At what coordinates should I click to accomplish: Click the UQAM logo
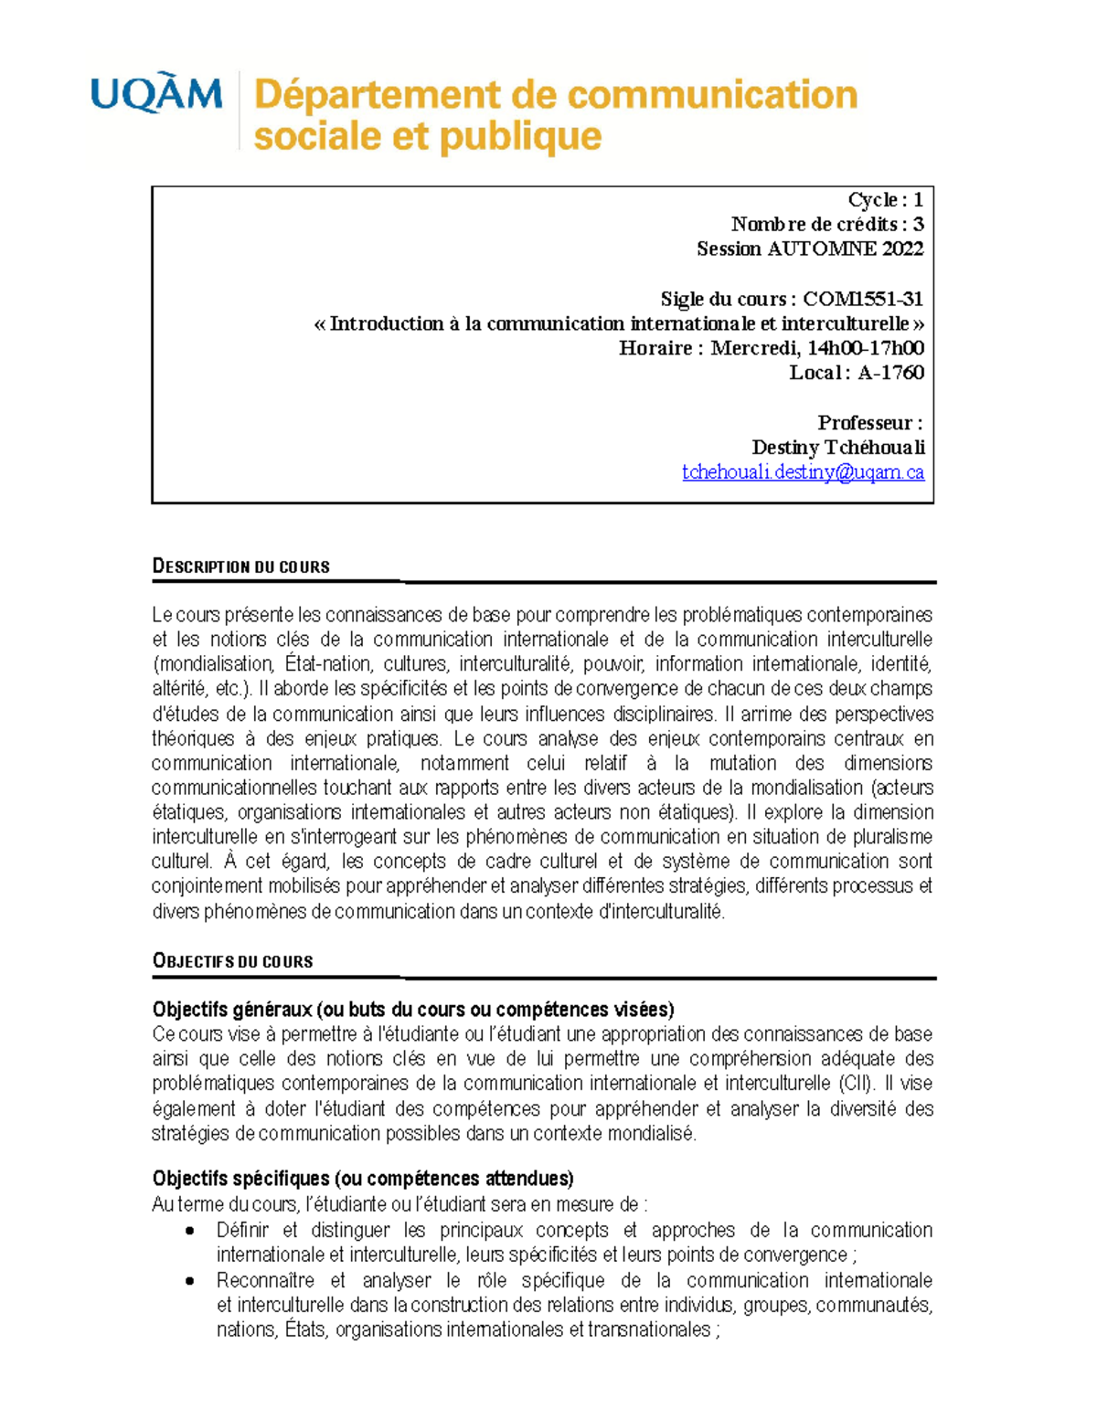pyautogui.click(x=156, y=94)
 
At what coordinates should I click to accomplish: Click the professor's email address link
pyautogui.click(x=803, y=472)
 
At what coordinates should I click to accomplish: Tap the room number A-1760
pyautogui.click(x=890, y=373)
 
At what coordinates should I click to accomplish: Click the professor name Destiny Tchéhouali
pyautogui.click(x=837, y=448)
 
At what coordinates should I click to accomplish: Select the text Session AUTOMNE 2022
pyautogui.click(x=809, y=249)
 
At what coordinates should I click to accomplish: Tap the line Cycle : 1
pyautogui.click(x=885, y=199)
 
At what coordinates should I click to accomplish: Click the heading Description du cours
pyautogui.click(x=240, y=567)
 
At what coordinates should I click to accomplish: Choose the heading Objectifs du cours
pyautogui.click(x=232, y=961)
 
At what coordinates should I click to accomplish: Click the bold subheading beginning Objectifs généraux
pyautogui.click(x=412, y=1010)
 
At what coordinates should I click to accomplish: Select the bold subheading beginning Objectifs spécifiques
pyautogui.click(x=362, y=1179)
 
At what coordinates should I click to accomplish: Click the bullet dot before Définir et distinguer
pyautogui.click(x=189, y=1231)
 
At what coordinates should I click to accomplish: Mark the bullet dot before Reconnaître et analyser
pyautogui.click(x=189, y=1281)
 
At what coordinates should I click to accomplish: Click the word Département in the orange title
pyautogui.click(x=377, y=95)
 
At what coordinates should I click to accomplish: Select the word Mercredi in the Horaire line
pyautogui.click(x=755, y=348)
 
